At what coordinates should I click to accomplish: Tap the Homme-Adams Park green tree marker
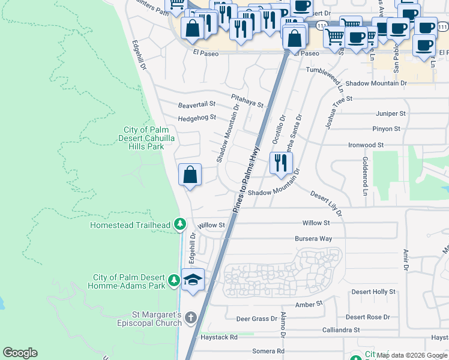(174, 280)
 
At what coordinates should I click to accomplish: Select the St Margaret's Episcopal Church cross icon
(191, 317)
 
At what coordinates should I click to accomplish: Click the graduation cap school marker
(193, 280)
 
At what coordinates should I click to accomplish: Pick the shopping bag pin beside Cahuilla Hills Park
(190, 175)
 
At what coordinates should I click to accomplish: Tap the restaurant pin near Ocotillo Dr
(280, 163)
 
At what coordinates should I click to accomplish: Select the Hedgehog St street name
(196, 118)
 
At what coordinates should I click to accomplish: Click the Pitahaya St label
(247, 100)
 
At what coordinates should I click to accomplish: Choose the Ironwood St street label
(366, 145)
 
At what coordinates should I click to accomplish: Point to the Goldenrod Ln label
(364, 176)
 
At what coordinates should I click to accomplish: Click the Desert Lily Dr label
(327, 203)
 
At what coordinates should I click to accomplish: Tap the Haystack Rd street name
(221, 337)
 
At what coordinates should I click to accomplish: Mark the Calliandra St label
(340, 330)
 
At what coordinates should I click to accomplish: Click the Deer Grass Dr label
(256, 319)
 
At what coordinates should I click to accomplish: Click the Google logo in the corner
(20, 353)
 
